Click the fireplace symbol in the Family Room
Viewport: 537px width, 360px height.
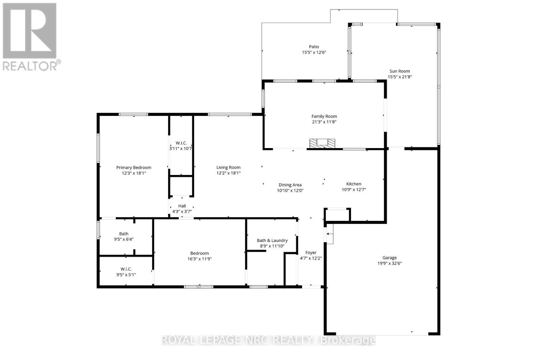pyautogui.click(x=322, y=143)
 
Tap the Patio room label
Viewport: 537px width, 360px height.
pyautogui.click(x=314, y=47)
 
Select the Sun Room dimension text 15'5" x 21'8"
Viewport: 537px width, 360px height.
pyautogui.click(x=400, y=77)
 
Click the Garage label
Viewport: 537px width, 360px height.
pyautogui.click(x=389, y=258)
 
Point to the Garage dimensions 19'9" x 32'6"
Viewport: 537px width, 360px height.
pyautogui.click(x=389, y=263)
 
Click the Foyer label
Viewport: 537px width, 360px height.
pyautogui.click(x=311, y=253)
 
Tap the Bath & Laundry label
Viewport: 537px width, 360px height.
pyautogui.click(x=272, y=240)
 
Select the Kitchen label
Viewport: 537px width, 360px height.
pyautogui.click(x=354, y=184)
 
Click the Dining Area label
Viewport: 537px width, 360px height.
pyautogui.click(x=290, y=185)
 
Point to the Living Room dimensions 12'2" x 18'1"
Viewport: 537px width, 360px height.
pyautogui.click(x=228, y=173)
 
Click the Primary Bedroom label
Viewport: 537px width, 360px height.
pyautogui.click(x=134, y=168)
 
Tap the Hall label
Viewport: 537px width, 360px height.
pyautogui.click(x=182, y=206)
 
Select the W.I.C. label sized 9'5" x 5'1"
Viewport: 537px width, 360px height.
pyautogui.click(x=126, y=269)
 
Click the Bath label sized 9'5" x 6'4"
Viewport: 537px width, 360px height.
pyautogui.click(x=124, y=234)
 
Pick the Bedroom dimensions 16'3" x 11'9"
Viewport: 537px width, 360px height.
pyautogui.click(x=199, y=259)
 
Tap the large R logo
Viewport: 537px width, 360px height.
pyautogui.click(x=30, y=31)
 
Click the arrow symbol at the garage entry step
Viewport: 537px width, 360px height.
pyautogui.click(x=330, y=234)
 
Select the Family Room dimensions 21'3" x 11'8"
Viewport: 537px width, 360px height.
pyautogui.click(x=324, y=122)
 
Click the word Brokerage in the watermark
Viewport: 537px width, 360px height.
pyautogui.click(x=348, y=340)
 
